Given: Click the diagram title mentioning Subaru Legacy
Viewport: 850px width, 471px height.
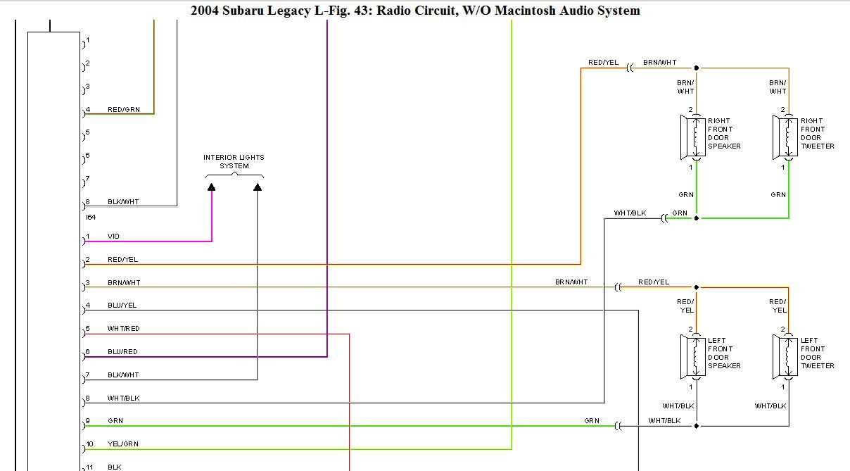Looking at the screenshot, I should [x=415, y=11].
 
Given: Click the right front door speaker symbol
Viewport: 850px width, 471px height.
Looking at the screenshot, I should [x=692, y=137].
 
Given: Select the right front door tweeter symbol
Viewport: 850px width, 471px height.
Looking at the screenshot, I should [x=785, y=137].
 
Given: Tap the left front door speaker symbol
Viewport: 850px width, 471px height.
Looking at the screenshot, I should [x=692, y=357].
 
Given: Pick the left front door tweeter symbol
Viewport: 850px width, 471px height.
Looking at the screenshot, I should [x=785, y=357].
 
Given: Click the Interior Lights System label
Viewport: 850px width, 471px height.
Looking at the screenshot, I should [x=234, y=162].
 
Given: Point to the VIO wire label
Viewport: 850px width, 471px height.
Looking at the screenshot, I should [x=113, y=237].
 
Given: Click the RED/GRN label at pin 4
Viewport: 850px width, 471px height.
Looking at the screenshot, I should [x=123, y=110].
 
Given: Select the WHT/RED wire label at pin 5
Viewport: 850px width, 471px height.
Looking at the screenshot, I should [x=123, y=329].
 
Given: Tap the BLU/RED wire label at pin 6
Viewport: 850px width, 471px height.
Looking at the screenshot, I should [x=122, y=352].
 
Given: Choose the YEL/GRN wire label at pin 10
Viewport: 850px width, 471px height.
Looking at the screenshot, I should [x=122, y=444].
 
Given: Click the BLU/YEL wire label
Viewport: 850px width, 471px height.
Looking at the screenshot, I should [x=122, y=306].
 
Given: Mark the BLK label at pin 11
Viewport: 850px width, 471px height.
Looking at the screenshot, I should [x=114, y=467].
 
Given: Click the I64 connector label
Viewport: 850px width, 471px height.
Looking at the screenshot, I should [x=91, y=218].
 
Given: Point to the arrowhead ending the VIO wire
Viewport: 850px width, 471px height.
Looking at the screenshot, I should [x=212, y=187].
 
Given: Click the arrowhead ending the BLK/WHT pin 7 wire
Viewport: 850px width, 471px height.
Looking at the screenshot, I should [x=258, y=187].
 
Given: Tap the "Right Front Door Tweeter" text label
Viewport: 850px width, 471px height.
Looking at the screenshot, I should [x=817, y=134].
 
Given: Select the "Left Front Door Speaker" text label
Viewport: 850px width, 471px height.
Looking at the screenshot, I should [x=724, y=353].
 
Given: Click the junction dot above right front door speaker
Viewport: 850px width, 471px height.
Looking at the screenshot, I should [x=697, y=68].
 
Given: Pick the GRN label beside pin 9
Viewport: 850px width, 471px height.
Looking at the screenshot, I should [x=115, y=421].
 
